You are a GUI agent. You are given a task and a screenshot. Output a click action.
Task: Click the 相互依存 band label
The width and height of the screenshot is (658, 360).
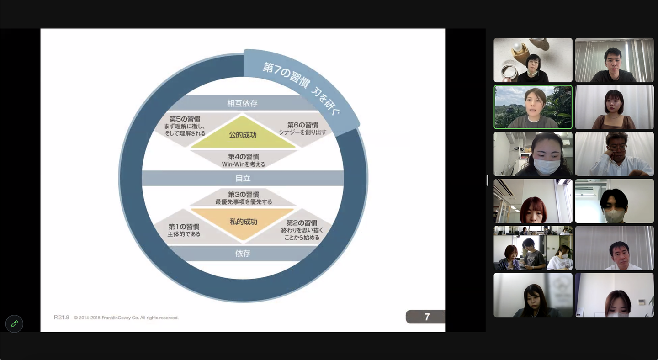click(x=242, y=103)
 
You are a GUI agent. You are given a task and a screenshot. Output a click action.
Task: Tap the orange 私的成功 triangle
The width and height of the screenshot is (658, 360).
click(x=243, y=222)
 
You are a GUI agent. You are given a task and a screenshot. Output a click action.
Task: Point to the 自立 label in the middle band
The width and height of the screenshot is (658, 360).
click(x=243, y=178)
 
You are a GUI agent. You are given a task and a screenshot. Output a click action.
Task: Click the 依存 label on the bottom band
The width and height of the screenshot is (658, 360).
click(x=243, y=253)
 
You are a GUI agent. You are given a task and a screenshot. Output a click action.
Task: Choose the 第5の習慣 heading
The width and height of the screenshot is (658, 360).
click(x=185, y=119)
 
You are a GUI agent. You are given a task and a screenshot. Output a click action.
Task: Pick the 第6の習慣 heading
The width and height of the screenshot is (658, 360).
click(x=302, y=125)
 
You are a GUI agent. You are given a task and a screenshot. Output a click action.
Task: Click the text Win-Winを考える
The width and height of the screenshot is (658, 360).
click(x=243, y=164)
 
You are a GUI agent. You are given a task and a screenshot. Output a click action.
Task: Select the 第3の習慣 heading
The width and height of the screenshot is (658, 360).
click(x=243, y=194)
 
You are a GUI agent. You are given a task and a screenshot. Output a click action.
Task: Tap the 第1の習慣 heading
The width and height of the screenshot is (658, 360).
click(x=184, y=227)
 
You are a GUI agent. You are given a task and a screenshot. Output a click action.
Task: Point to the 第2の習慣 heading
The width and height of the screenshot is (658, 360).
click(x=302, y=223)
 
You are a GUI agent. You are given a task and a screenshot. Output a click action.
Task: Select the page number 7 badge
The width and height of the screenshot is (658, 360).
click(x=426, y=317)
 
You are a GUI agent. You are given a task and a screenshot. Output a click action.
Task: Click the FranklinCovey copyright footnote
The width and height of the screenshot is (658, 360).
click(x=126, y=318)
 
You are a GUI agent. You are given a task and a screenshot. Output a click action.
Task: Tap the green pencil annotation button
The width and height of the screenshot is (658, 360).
click(x=14, y=324)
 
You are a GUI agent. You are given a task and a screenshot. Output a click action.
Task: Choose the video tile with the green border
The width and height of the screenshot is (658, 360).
click(x=533, y=107)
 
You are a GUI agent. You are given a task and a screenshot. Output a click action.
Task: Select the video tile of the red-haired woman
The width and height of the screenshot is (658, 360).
click(x=533, y=201)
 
